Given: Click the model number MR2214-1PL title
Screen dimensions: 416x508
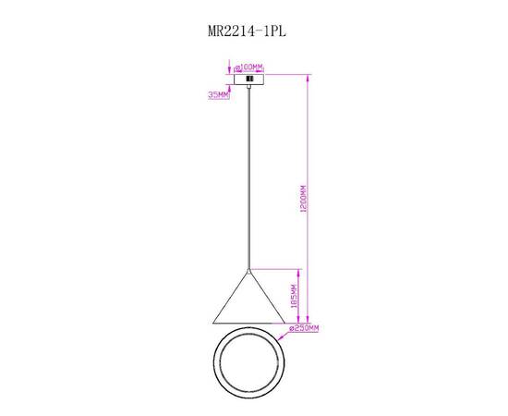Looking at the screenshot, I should (248, 31).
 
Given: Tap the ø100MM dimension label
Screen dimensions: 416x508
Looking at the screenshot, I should (250, 67).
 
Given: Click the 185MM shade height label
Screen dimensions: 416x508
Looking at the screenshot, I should (294, 296).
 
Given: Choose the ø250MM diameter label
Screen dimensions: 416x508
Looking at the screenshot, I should (304, 327).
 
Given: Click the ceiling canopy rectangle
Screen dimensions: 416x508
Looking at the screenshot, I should (248, 79).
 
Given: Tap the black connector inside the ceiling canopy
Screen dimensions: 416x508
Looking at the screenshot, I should (248, 79).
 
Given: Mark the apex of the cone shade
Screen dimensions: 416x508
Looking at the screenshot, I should (248, 270).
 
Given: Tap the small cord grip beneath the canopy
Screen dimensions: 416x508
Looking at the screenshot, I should (248, 89).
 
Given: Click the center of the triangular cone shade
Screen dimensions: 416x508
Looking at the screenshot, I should (248, 303).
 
